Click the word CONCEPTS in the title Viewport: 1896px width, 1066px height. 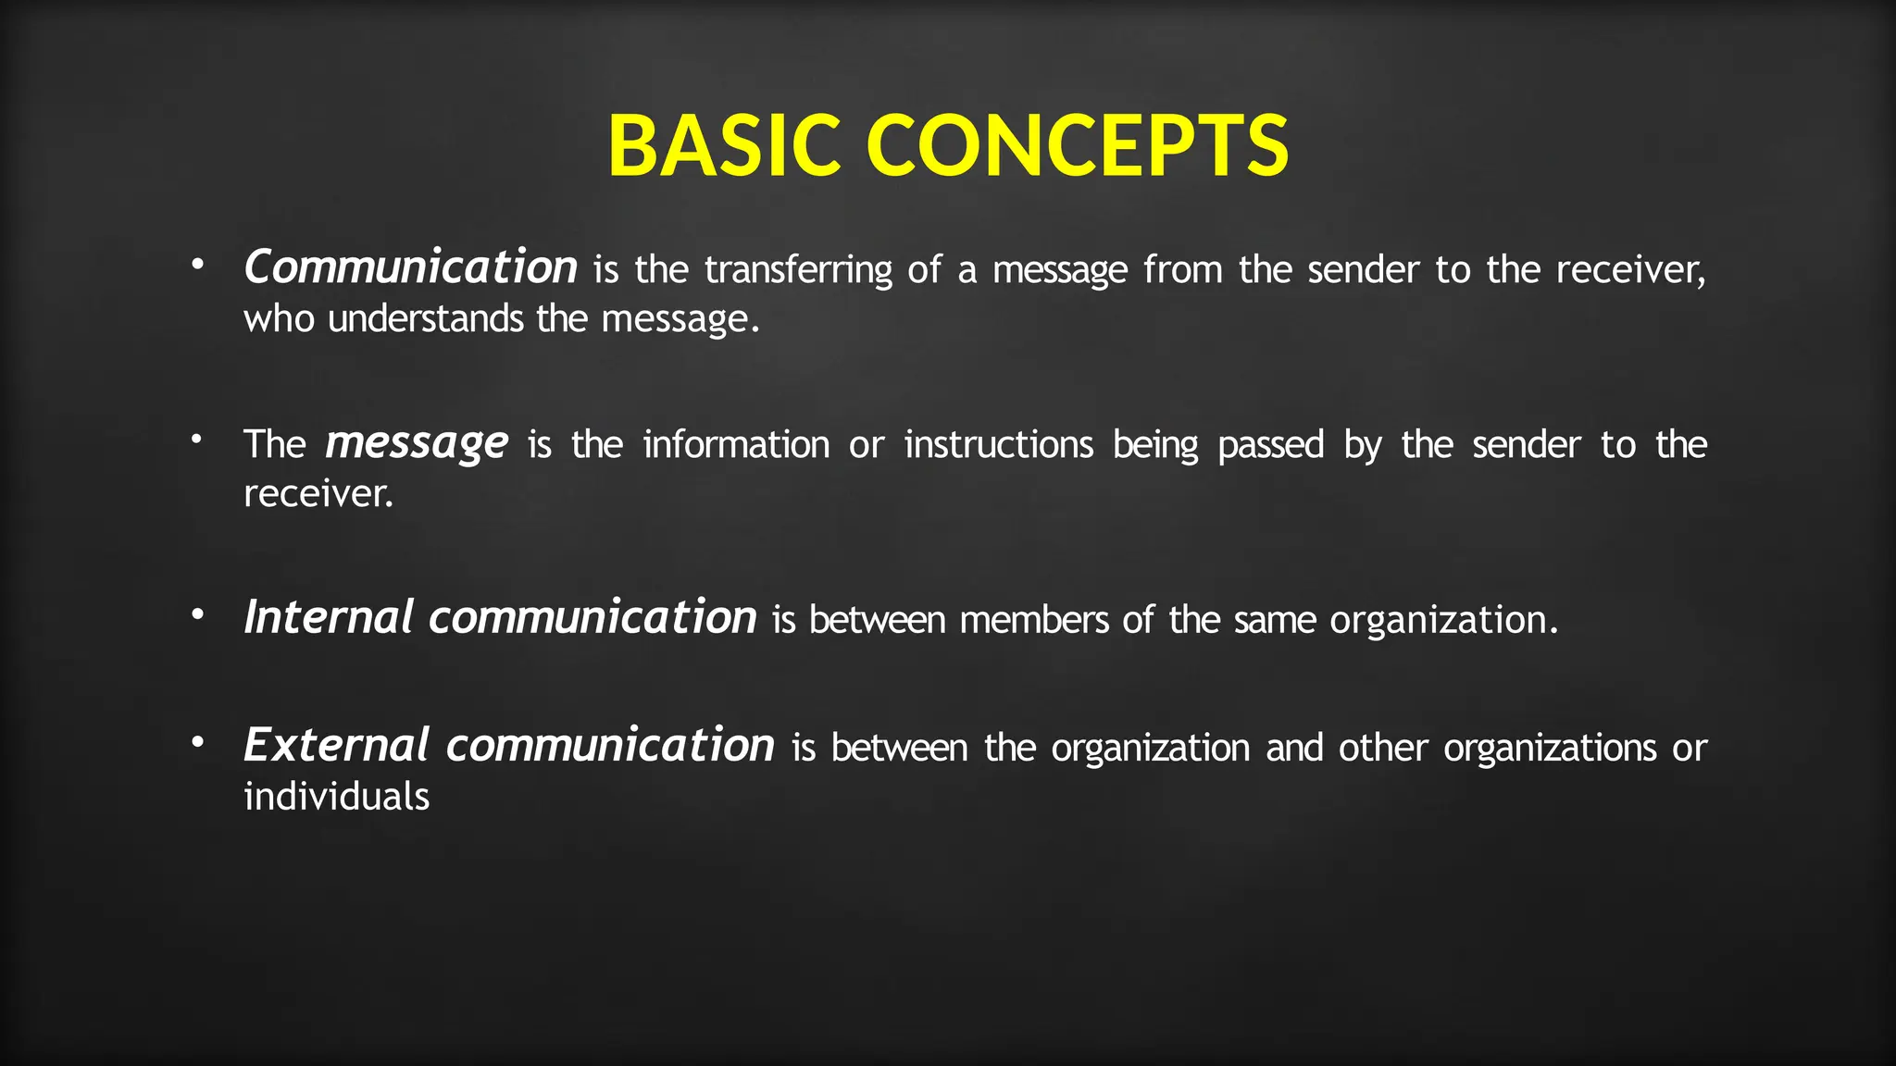click(1077, 145)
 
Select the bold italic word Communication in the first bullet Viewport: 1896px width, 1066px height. click(410, 267)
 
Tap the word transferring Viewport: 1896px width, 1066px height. click(798, 270)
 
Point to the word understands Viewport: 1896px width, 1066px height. click(426, 319)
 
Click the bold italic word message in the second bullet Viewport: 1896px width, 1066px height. click(416, 444)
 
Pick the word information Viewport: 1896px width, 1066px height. click(736, 445)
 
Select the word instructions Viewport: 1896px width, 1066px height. click(998, 445)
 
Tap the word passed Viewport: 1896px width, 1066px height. click(1270, 446)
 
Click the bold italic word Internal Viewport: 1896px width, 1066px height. click(328, 617)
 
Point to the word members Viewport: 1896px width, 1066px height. click(1033, 620)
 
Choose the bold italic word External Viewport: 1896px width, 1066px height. click(336, 745)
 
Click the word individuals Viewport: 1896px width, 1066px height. click(336, 797)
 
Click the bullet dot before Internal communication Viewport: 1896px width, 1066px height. click(196, 614)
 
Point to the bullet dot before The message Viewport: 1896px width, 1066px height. click(196, 440)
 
